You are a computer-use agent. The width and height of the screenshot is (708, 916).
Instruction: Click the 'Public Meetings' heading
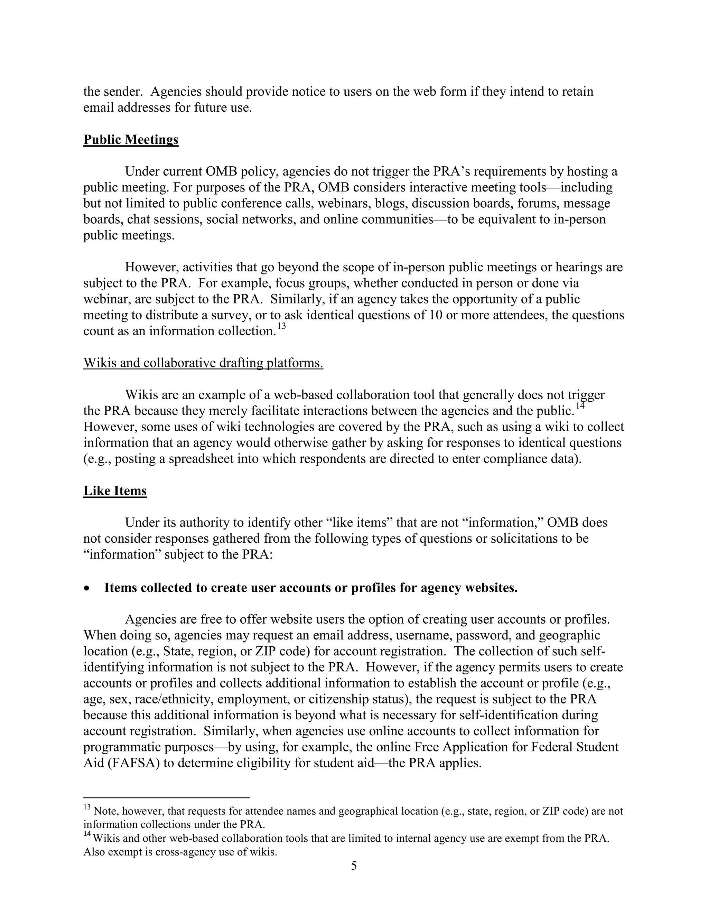tap(131, 140)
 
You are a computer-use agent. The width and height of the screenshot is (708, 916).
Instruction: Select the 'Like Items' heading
tap(115, 491)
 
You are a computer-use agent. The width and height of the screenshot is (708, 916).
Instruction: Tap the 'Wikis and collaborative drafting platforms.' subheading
tap(203, 363)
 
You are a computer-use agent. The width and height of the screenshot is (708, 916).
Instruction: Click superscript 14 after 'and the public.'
tap(580, 406)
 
